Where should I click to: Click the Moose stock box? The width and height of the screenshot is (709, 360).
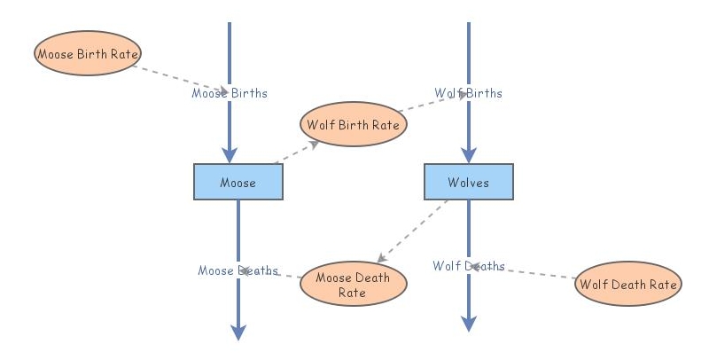[238, 183]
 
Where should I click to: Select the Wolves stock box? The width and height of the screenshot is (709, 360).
[468, 182]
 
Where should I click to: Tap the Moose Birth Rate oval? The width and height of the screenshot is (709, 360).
[88, 53]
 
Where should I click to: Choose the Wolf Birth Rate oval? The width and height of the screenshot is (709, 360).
[353, 125]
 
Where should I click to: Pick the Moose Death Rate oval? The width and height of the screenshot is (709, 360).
[353, 285]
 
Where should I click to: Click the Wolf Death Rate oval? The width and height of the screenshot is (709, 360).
[627, 285]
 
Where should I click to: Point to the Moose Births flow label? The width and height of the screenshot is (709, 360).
[230, 93]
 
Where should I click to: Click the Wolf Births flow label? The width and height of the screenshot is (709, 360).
[468, 93]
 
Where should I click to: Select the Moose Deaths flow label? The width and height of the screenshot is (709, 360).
[238, 270]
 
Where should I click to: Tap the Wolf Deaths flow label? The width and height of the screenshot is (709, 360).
[468, 266]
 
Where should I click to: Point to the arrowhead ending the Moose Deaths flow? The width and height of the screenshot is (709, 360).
[238, 332]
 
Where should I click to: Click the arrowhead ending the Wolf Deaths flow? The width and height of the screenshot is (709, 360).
[468, 324]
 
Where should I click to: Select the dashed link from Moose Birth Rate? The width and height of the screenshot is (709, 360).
[168, 75]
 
